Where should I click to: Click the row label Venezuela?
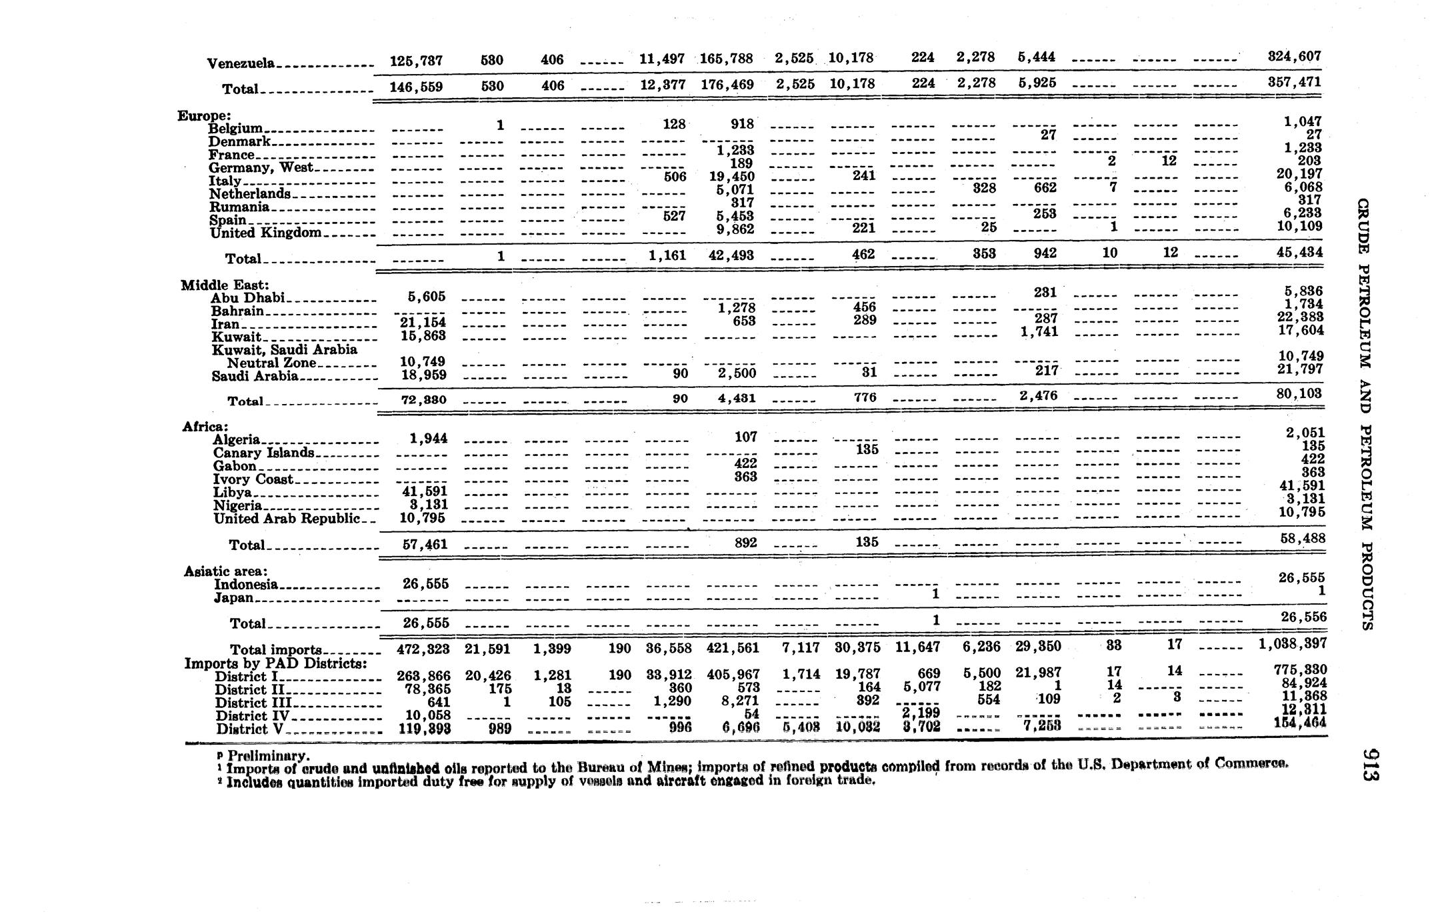(240, 64)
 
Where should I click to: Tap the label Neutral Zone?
(271, 363)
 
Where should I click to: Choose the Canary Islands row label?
(263, 453)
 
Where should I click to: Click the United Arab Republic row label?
(287, 518)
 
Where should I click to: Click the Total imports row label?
(276, 649)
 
